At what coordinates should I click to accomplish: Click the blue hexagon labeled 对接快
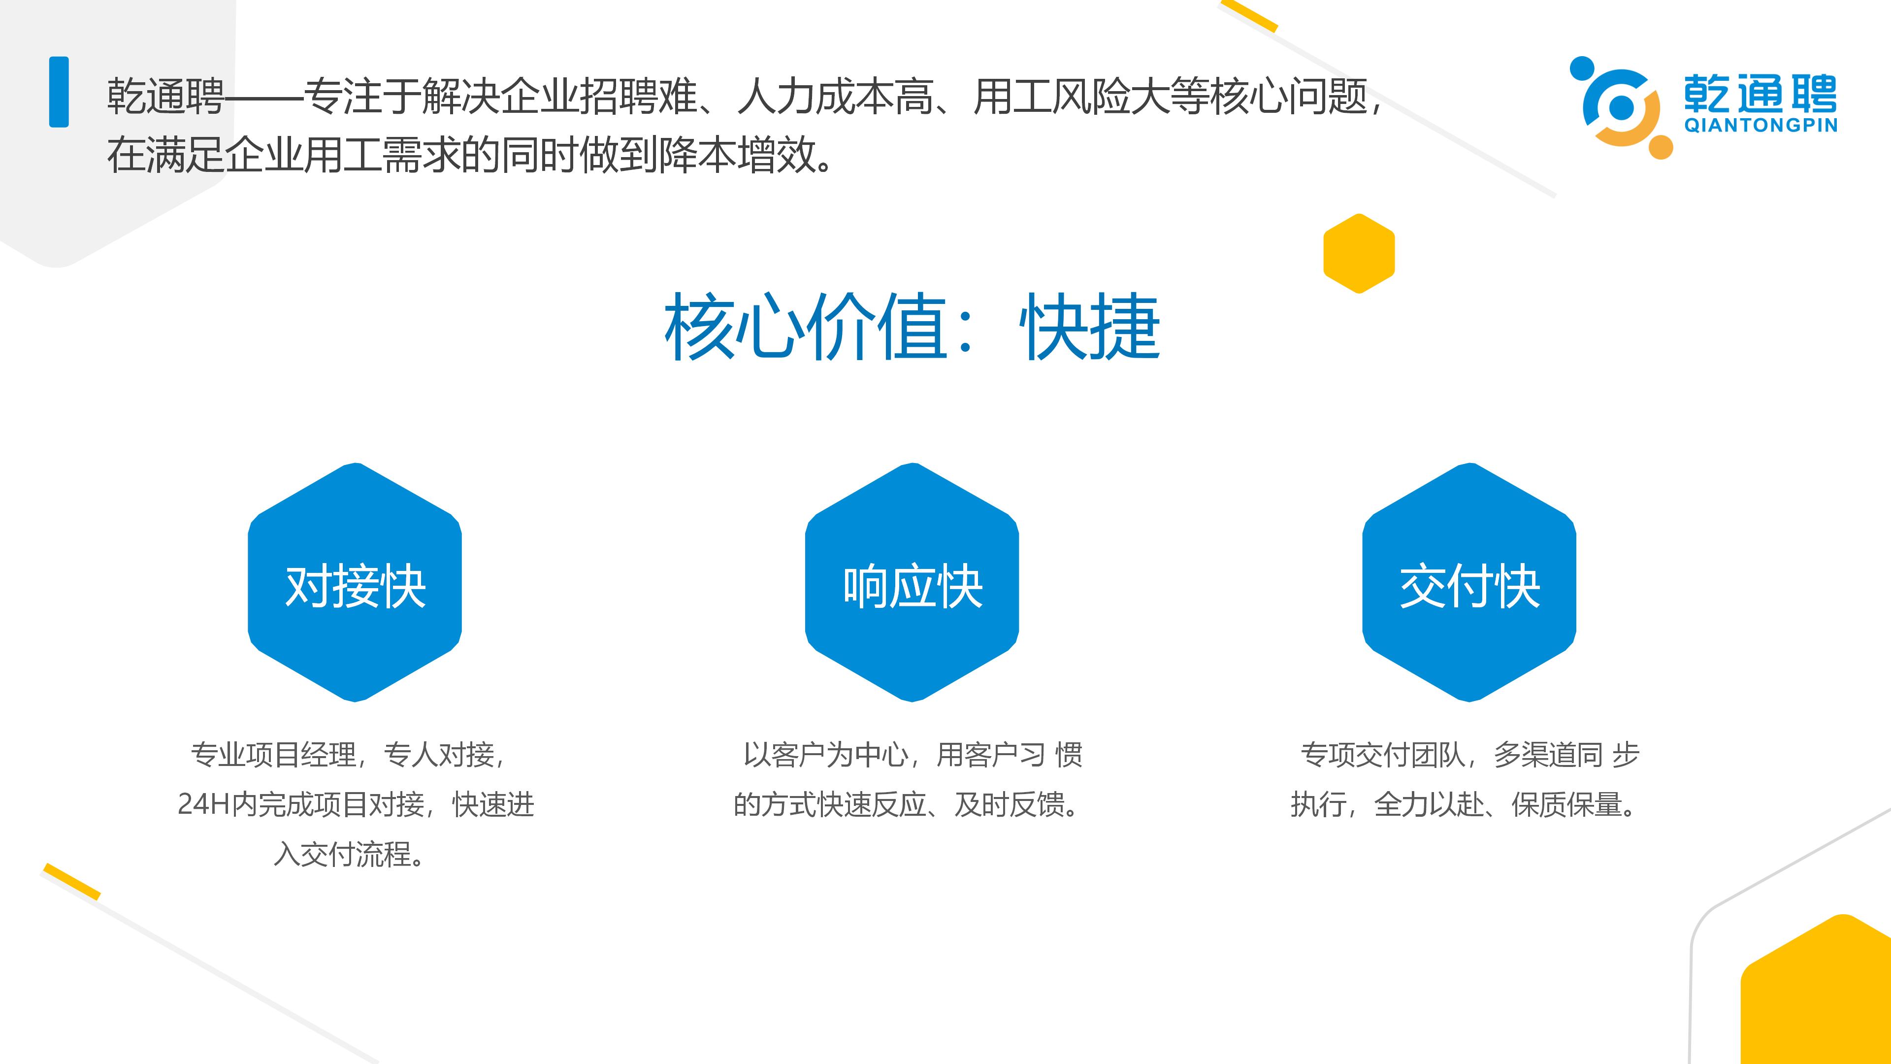355,582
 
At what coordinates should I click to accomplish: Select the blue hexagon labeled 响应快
912,582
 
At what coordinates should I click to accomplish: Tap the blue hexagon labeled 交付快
1469,582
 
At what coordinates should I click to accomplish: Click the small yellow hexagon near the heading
1359,253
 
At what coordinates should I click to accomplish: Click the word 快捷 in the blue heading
1090,326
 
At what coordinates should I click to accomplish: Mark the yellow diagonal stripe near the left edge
72,881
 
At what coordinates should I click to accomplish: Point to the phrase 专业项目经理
273,755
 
